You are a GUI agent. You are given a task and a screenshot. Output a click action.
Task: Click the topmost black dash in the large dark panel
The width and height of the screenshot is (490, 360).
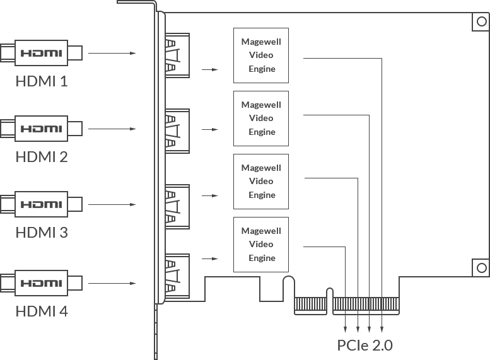point(275,48)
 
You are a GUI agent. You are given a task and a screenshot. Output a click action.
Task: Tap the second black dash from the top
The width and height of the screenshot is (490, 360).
point(277,113)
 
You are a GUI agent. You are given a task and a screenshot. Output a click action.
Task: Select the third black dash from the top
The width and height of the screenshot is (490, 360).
point(275,174)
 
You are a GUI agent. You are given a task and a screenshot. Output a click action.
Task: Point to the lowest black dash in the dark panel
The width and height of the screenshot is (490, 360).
point(277,240)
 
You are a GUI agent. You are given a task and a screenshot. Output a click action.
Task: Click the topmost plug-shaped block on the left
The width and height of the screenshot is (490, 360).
point(42,53)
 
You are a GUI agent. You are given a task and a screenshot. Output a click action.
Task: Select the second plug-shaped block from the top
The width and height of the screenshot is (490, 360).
point(42,129)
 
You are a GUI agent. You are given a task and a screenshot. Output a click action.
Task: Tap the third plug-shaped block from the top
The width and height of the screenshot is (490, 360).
point(42,204)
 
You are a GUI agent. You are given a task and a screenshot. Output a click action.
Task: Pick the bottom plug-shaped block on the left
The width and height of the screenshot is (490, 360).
point(42,282)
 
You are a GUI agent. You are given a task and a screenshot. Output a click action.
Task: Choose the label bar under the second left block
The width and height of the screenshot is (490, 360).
point(42,159)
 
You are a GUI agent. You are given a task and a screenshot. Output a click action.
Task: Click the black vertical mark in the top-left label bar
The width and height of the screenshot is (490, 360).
point(58,83)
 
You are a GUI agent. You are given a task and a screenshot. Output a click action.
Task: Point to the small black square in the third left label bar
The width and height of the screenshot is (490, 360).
point(58,240)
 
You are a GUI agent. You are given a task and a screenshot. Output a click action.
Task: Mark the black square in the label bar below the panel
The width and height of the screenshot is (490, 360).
point(371,345)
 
